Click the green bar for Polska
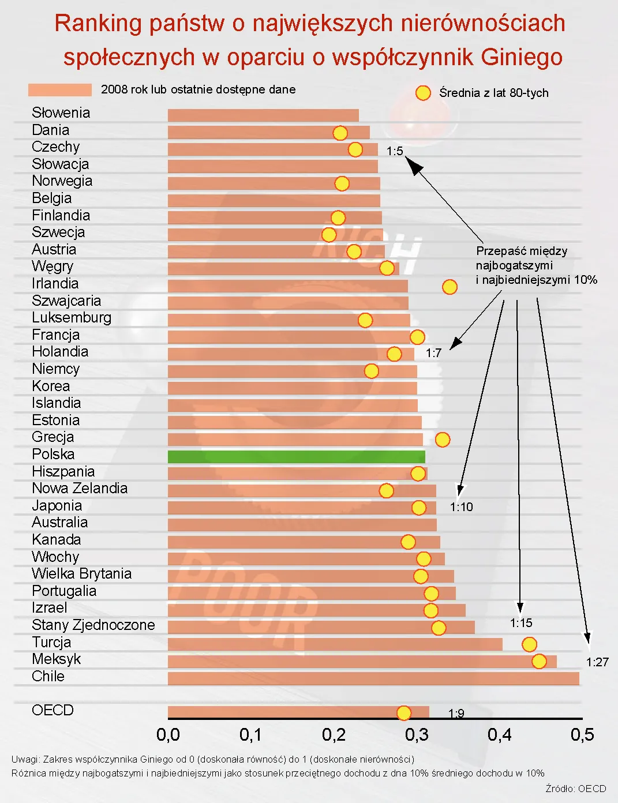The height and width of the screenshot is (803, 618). pyautogui.click(x=296, y=456)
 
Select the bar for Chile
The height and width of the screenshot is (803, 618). pyautogui.click(x=373, y=678)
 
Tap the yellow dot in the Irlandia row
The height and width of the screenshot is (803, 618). pyautogui.click(x=450, y=287)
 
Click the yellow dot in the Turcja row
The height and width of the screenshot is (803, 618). pyautogui.click(x=529, y=644)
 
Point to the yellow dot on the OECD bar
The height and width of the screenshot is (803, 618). pyautogui.click(x=404, y=713)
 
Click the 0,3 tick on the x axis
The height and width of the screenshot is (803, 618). pyautogui.click(x=417, y=734)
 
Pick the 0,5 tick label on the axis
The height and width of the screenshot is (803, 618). pyautogui.click(x=582, y=734)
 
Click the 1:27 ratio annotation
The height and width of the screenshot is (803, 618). pyautogui.click(x=597, y=662)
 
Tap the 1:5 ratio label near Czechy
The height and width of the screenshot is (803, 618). pyautogui.click(x=395, y=151)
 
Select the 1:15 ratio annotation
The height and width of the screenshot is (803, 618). pyautogui.click(x=521, y=623)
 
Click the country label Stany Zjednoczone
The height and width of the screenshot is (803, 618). pyautogui.click(x=93, y=625)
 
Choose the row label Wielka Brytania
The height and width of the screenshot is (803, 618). pyautogui.click(x=82, y=573)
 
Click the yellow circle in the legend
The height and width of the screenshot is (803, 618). pyautogui.click(x=423, y=93)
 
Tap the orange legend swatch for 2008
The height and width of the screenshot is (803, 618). pyautogui.click(x=60, y=90)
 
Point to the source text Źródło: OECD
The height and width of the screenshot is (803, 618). pyautogui.click(x=575, y=789)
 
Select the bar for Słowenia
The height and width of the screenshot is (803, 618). pyautogui.click(x=263, y=115)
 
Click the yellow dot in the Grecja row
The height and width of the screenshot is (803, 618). pyautogui.click(x=442, y=440)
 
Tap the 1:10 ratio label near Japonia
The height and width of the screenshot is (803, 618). pyautogui.click(x=461, y=507)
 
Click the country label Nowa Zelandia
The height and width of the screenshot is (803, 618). pyautogui.click(x=80, y=488)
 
